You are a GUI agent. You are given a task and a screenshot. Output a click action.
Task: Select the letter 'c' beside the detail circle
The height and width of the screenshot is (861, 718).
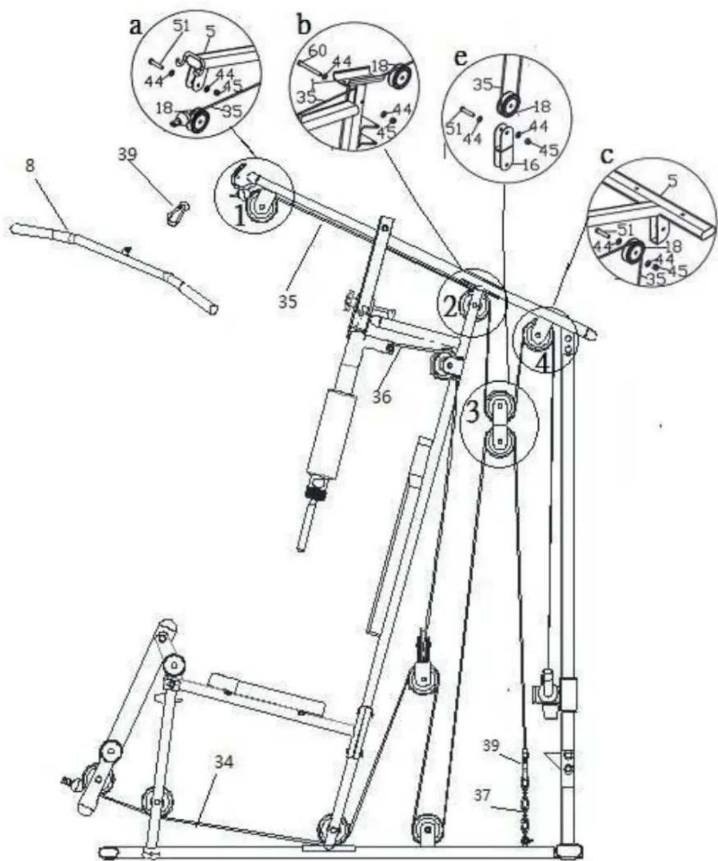tap(607, 156)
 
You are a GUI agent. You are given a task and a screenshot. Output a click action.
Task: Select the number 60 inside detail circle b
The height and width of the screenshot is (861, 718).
tap(317, 51)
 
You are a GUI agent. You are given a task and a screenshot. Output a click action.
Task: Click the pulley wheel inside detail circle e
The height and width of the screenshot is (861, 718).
tap(507, 106)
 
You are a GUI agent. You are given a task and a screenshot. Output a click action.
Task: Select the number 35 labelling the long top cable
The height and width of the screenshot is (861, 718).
tap(288, 301)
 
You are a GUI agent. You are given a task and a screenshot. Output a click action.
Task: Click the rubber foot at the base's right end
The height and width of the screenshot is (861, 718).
tap(568, 851)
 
